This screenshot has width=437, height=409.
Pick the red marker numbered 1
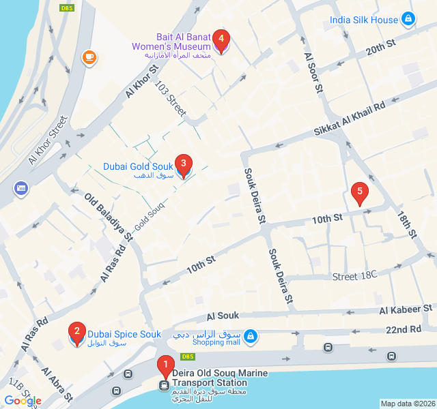pos(165,366)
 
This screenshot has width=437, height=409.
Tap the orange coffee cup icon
pos(89,57)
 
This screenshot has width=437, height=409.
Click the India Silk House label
pos(363,20)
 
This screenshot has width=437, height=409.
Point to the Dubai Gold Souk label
pos(138,166)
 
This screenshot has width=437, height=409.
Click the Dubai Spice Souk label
pos(124,334)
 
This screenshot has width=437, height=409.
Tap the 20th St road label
pos(380,48)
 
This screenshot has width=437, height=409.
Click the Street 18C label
pos(354,276)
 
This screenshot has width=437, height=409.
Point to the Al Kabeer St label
pos(406,309)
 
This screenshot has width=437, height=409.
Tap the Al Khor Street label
pos(48,140)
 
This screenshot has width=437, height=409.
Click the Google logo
pos(23,401)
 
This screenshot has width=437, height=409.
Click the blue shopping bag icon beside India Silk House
pos(408,19)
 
